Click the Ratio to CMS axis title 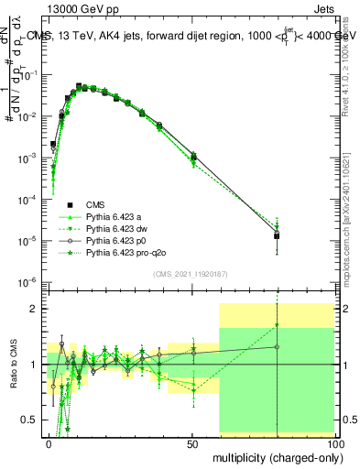[14, 364]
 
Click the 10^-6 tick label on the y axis [29, 281]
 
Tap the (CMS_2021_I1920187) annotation [191, 273]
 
